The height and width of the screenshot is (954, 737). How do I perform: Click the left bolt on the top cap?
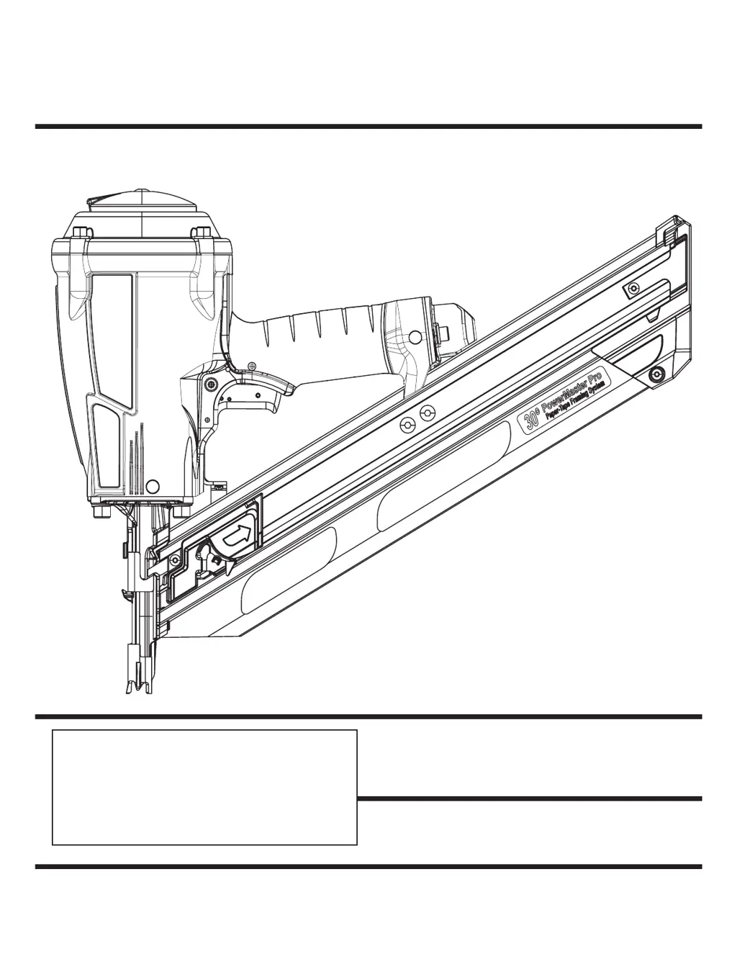(79, 232)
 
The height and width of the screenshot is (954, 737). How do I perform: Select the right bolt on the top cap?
(202, 232)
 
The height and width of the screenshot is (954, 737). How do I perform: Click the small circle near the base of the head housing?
(151, 485)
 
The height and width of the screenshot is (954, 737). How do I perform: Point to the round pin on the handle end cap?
(416, 336)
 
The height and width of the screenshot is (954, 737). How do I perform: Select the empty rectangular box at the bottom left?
(204, 787)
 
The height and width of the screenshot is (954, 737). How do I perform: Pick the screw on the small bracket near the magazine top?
(632, 288)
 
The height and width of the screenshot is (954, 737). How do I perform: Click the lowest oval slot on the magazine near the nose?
(288, 572)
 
